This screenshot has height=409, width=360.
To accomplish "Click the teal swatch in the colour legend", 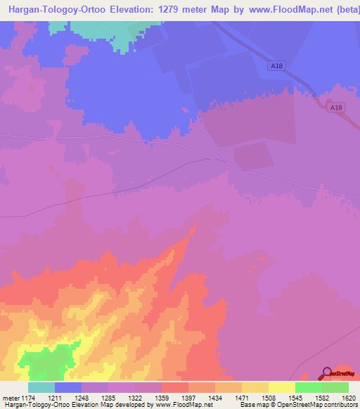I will click(41, 387).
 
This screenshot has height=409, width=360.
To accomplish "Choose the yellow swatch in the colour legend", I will click(281, 387).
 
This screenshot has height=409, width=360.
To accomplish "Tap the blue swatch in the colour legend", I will click(68, 387).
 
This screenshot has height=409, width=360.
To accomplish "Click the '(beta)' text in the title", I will click(342, 10).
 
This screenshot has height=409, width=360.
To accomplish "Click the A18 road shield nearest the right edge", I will click(337, 107).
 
